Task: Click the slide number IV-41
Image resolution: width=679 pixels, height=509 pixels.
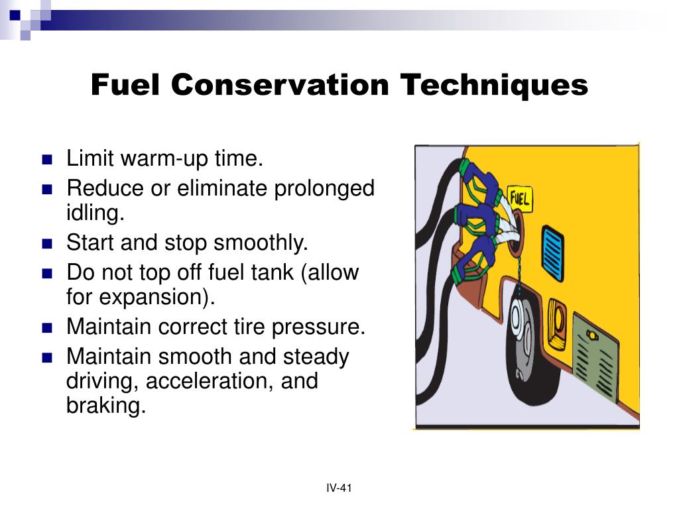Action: click(x=339, y=488)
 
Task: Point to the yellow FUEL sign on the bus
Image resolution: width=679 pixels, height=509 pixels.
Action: click(x=520, y=198)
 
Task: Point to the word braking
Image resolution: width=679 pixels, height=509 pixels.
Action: click(x=105, y=405)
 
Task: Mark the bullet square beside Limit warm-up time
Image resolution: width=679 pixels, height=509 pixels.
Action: click(x=46, y=160)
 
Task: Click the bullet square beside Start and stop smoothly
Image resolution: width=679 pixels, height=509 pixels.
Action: click(x=46, y=243)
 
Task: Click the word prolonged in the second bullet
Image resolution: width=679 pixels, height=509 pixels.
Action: click(x=328, y=188)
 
